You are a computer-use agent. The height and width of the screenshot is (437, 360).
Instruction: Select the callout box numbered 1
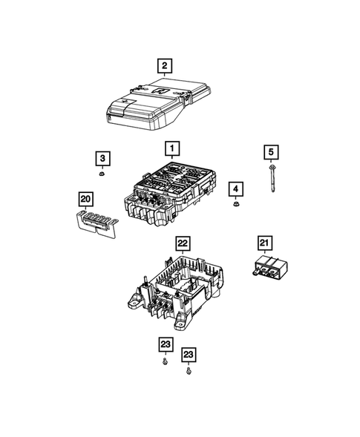tap(171, 149)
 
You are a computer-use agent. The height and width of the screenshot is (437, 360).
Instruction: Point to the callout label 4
tap(235, 188)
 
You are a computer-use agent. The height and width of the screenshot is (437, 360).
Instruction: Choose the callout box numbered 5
tap(272, 152)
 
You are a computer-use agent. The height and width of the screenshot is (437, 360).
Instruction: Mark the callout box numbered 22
tap(182, 243)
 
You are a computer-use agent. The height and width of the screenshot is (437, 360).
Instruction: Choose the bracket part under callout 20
tap(94, 220)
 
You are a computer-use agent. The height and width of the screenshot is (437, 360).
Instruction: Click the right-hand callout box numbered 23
tap(190, 354)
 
